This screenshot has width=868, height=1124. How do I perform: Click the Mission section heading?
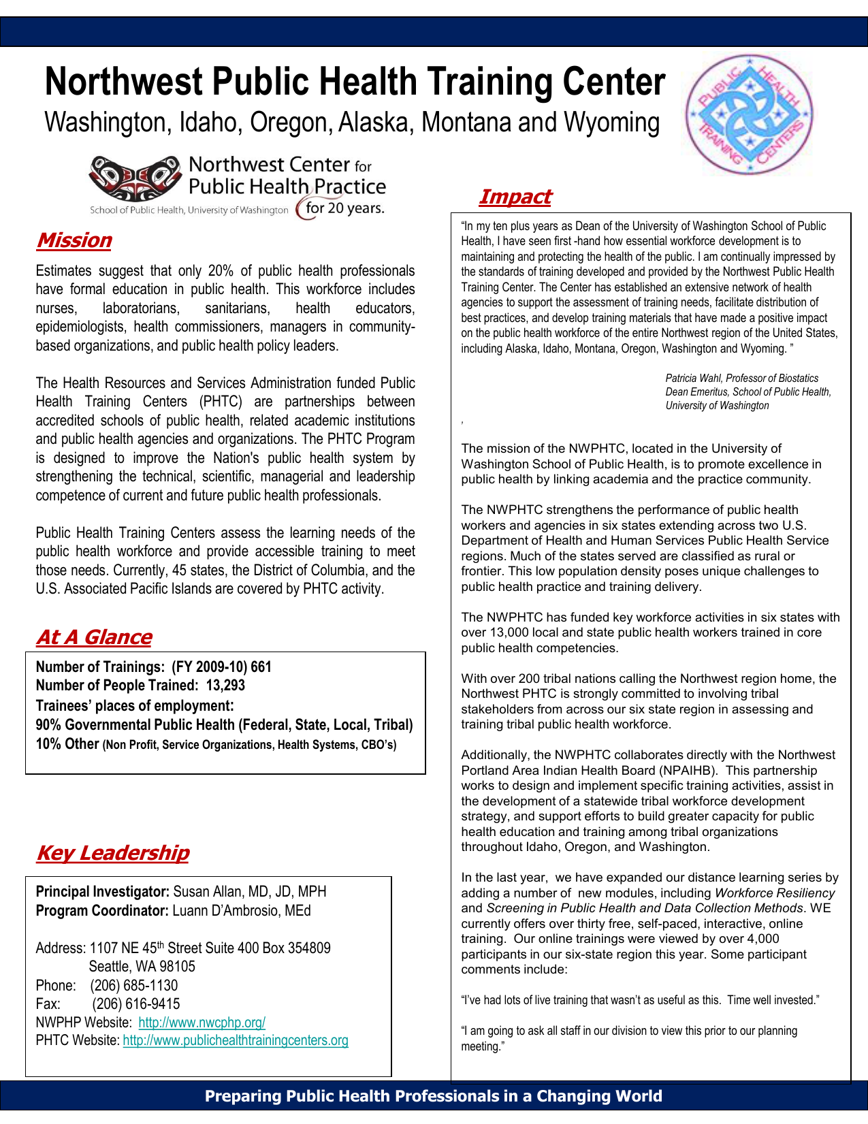click(74, 240)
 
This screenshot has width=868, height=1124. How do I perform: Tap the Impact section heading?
click(515, 197)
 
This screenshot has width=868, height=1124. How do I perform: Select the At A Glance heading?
click(94, 637)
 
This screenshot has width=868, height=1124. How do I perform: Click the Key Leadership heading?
click(112, 853)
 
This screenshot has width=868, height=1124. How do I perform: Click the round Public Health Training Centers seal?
click(749, 114)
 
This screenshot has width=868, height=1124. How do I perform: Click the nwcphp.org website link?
click(202, 1023)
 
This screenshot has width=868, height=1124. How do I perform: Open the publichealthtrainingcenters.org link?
click(236, 1041)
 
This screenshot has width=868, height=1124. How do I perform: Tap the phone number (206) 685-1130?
click(133, 986)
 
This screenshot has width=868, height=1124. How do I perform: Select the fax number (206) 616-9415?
click(136, 1004)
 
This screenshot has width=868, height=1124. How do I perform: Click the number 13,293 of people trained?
click(225, 686)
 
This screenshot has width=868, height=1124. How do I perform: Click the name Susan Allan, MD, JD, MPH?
click(250, 892)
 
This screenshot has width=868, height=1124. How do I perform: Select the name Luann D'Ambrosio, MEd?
click(242, 911)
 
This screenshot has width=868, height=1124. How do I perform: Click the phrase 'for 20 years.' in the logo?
click(344, 208)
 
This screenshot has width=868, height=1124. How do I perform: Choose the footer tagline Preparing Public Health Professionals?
click(433, 1096)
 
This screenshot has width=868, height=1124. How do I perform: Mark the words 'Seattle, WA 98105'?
click(142, 967)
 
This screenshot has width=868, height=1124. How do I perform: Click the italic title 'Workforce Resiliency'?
click(775, 893)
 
